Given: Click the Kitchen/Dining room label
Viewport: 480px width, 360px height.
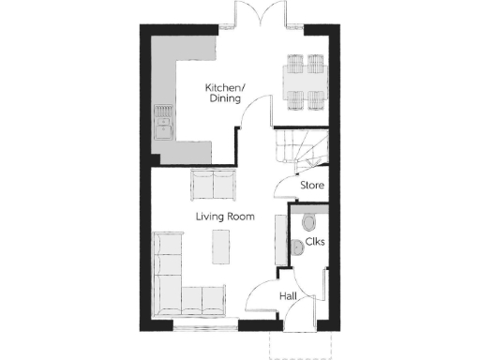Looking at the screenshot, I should coord(225,92).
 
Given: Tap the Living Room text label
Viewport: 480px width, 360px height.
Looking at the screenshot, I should coord(225,217).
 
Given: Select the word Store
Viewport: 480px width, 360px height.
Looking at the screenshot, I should coord(312,186).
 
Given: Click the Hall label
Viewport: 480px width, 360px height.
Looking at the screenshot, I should coord(288,297).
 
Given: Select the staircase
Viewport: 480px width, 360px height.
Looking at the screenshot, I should coord(299,148).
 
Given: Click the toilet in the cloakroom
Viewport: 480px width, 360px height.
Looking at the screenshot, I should coord(310,223).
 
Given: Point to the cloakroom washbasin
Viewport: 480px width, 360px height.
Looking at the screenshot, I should coord(295,247).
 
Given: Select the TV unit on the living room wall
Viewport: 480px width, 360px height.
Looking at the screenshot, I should coord(278,240).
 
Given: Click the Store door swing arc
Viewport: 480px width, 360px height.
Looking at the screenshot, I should coord(283,190).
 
